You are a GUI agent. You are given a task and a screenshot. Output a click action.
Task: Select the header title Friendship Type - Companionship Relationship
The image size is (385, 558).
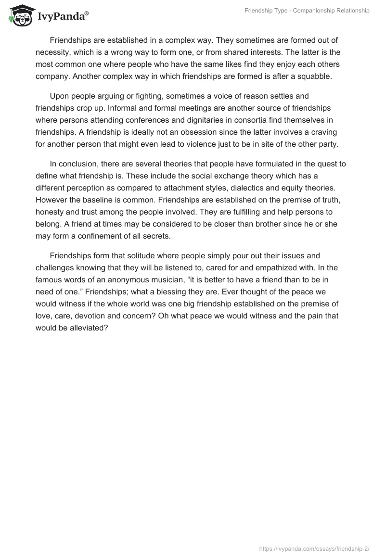(x=306, y=11)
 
